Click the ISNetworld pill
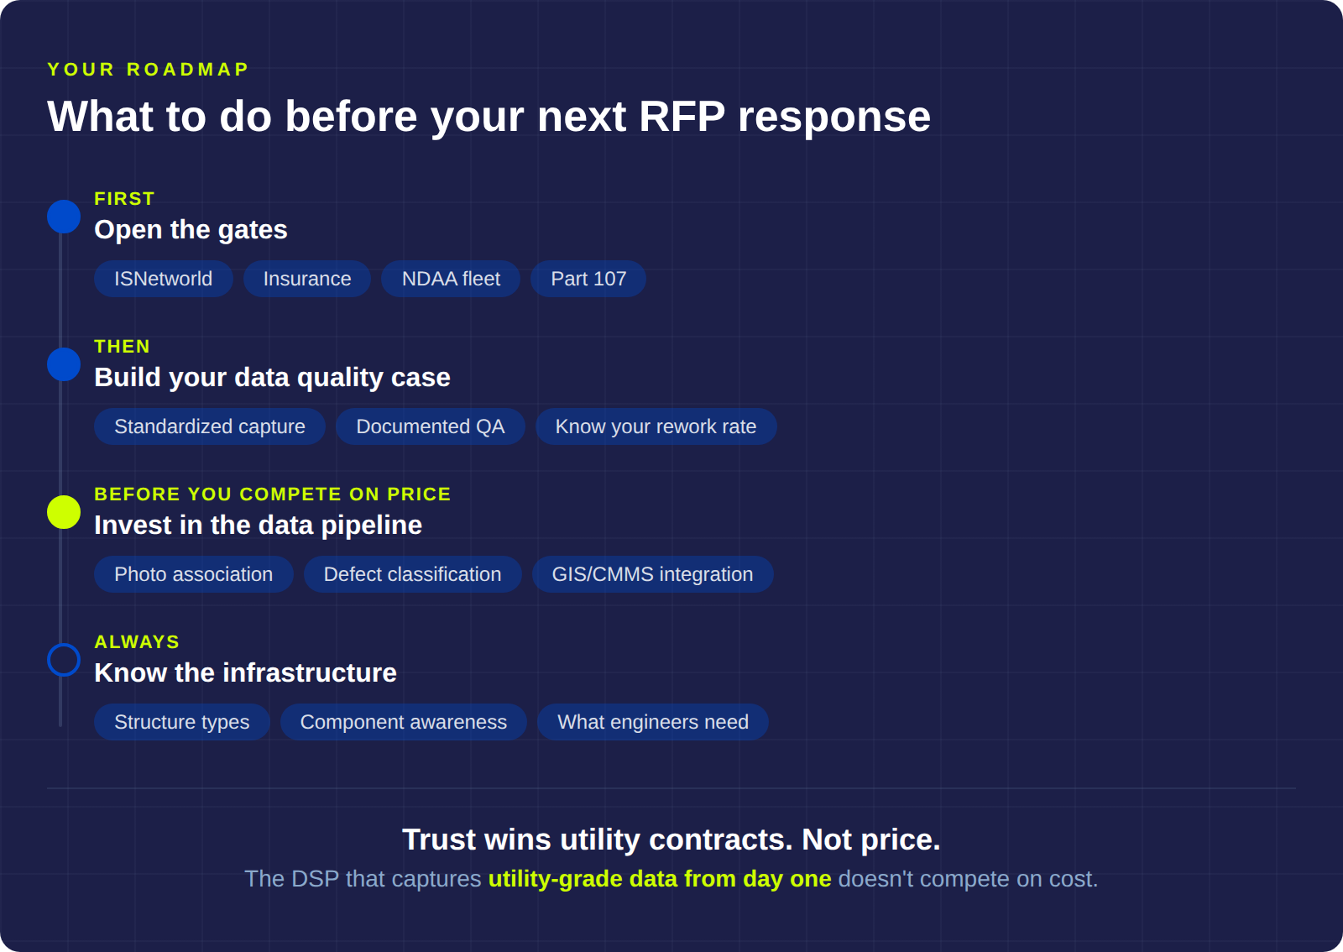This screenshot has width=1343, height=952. (x=163, y=279)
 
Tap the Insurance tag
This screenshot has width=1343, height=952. (x=307, y=279)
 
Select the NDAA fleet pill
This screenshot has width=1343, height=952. (x=451, y=279)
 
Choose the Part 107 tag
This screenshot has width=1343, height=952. (x=588, y=279)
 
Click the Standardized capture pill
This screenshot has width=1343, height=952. (x=210, y=426)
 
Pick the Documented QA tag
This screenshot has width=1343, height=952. (x=431, y=426)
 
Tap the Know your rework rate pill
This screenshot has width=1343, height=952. (x=656, y=426)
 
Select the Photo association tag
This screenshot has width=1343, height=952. (x=193, y=574)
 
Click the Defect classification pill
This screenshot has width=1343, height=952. (x=412, y=574)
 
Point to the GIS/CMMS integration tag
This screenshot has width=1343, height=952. (x=652, y=574)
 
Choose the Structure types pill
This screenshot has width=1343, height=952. (x=181, y=722)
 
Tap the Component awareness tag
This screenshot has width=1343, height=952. (x=403, y=722)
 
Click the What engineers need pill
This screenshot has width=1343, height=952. (x=653, y=722)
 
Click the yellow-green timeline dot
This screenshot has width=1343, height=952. (x=64, y=512)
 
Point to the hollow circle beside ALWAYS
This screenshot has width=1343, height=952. (x=64, y=660)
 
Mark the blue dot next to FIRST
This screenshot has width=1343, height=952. (x=64, y=217)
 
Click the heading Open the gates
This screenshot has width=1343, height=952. (x=191, y=230)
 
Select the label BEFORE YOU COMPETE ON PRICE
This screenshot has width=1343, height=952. (x=272, y=494)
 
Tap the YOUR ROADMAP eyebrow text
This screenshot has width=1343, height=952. (x=148, y=70)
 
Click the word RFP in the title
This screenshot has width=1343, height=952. (x=682, y=117)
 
